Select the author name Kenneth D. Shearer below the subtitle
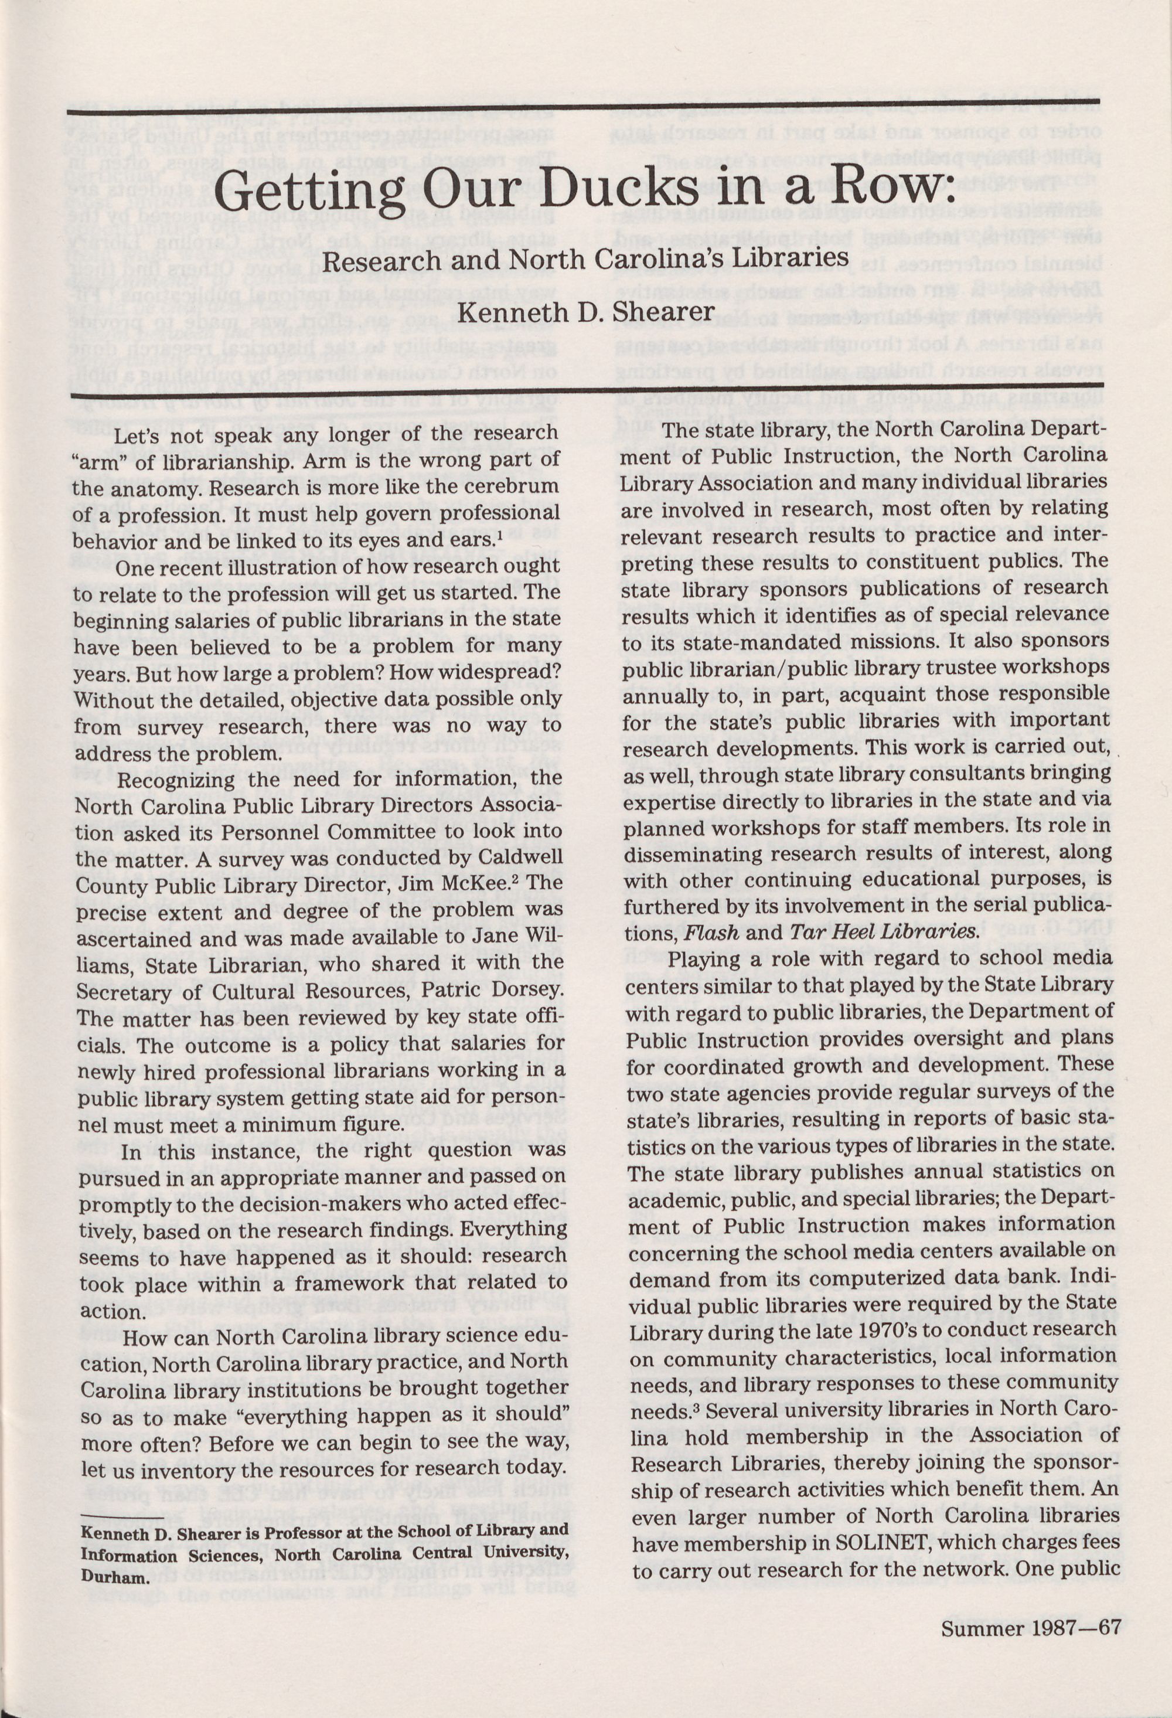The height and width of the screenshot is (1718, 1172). click(x=586, y=311)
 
